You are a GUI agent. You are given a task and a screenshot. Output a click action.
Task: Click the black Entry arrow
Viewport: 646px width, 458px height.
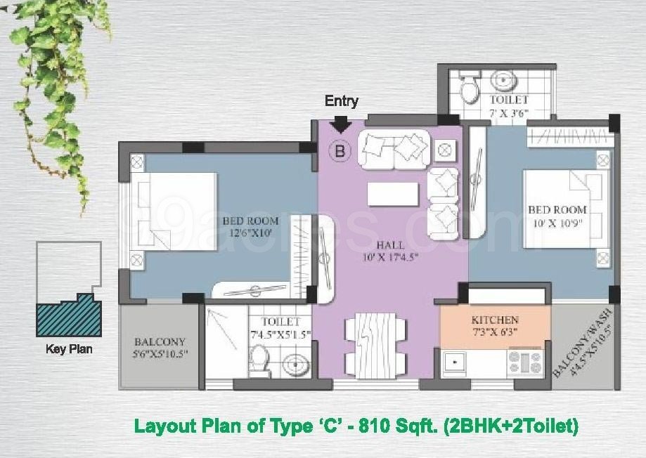pos(341,124)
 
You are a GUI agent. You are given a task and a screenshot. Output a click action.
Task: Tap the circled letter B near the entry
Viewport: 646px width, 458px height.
pos(340,151)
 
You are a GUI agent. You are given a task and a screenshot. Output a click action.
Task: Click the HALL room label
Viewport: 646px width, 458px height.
pos(390,245)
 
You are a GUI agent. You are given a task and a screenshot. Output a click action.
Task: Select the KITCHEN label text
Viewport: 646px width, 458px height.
pos(495,320)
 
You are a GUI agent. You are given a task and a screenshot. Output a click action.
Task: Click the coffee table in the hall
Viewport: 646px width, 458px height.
pos(393,194)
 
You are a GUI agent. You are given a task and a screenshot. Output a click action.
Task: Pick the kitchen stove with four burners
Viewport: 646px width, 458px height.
pos(525,362)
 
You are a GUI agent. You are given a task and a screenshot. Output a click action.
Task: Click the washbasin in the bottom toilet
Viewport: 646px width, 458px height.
pos(295,365)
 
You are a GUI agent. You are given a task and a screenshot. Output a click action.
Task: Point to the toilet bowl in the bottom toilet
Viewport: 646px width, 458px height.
pos(259,360)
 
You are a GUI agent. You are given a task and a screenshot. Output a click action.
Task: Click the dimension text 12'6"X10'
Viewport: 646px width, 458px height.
pos(250,233)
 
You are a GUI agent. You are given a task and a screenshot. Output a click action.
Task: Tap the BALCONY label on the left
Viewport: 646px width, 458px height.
pos(160,342)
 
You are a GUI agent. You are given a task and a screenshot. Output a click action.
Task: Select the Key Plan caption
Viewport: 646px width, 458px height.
pos(69,349)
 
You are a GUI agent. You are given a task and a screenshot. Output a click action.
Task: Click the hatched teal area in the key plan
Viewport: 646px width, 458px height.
pos(68,317)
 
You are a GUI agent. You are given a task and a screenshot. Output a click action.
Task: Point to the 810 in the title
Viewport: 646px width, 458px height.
pos(374,426)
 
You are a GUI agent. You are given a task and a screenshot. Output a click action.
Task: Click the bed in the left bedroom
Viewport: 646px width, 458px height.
pos(174,211)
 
